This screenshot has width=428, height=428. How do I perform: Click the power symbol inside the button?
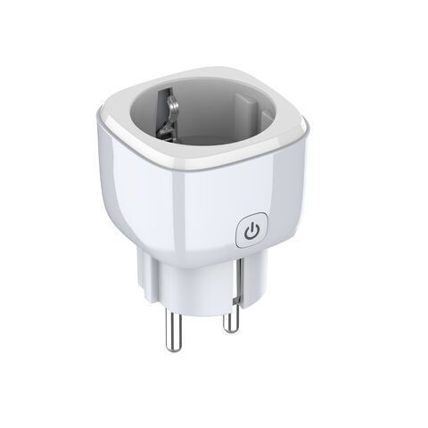tap(252, 231)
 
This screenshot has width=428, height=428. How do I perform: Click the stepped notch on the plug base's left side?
tap(143, 267)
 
